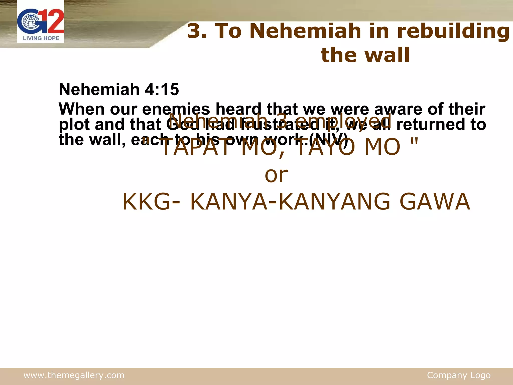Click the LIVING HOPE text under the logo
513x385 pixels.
point(41,38)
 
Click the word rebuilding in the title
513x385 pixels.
point(453,32)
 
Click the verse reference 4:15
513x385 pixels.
point(162,89)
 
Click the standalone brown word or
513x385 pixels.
point(276,174)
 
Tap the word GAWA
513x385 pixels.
point(435,202)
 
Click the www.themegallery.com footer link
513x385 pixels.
point(74,375)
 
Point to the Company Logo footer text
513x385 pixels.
point(459,375)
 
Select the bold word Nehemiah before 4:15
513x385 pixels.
point(99,89)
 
